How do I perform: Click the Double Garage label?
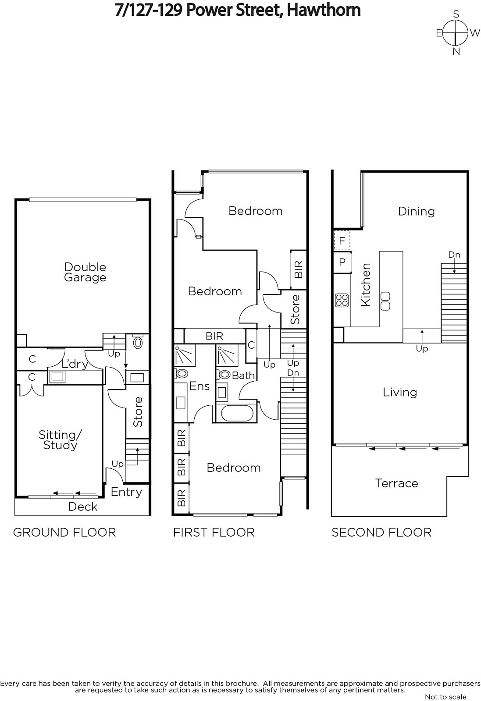point(85,272)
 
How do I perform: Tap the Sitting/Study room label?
point(60,440)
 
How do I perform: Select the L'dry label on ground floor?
point(75,364)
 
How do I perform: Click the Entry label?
point(126,492)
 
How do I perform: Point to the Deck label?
point(83,506)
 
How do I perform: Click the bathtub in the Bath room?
point(237,413)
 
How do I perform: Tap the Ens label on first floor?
point(200,386)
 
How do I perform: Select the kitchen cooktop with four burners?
point(342,301)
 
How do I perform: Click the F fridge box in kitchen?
point(342,241)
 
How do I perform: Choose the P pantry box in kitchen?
point(342,262)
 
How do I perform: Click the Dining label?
point(416,211)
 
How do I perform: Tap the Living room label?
point(400,392)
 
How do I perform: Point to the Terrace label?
point(396,483)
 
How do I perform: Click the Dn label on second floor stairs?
point(454,255)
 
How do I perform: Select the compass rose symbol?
point(456,32)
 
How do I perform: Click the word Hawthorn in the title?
point(324,10)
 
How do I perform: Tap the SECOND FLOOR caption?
point(381,532)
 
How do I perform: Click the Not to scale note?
point(445,697)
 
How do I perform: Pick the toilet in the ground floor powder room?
point(138,342)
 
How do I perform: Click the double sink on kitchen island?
point(385,301)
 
